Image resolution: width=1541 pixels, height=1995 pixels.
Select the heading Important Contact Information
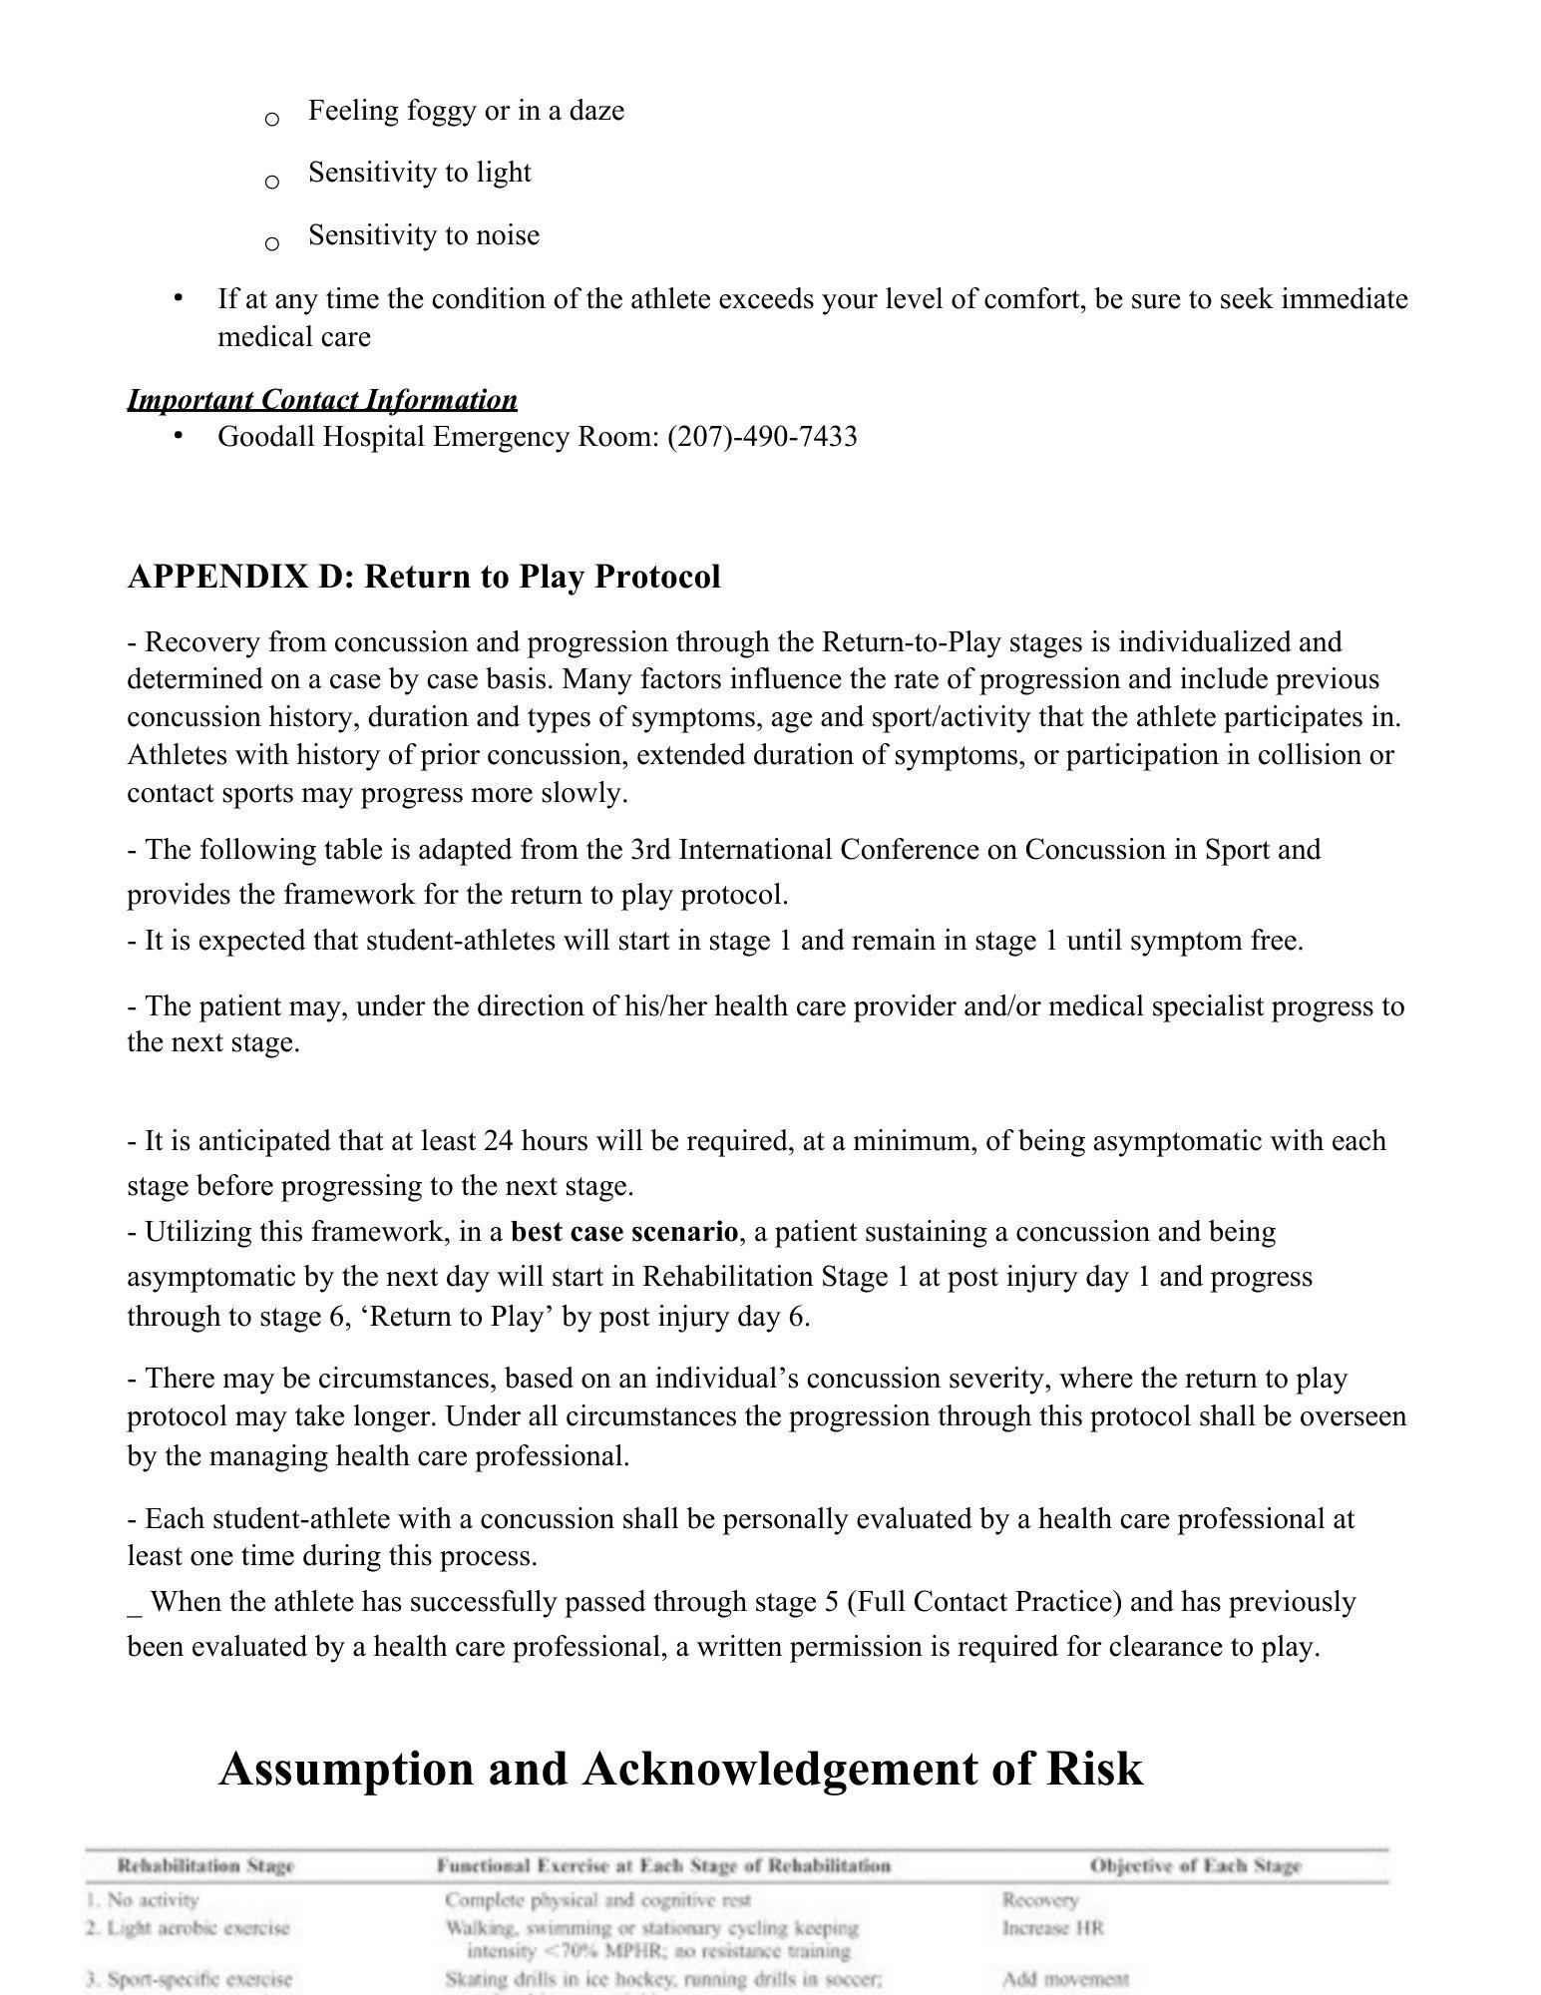pyautogui.click(x=322, y=400)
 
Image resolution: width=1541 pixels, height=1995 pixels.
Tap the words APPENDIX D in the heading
pyautogui.click(x=239, y=577)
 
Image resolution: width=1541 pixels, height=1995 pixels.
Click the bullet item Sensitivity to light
pyautogui.click(x=419, y=173)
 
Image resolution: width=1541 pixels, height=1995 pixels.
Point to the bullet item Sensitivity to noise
pyautogui.click(x=424, y=235)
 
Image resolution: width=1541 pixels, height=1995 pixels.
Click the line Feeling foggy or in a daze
pyautogui.click(x=466, y=110)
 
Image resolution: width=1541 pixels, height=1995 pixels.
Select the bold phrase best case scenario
pyautogui.click(x=624, y=1232)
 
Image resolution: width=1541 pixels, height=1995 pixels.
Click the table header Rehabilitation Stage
pyautogui.click(x=205, y=1865)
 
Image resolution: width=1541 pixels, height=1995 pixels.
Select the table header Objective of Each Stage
pyautogui.click(x=1195, y=1865)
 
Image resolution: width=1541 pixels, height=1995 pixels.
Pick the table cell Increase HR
pyautogui.click(x=1052, y=1928)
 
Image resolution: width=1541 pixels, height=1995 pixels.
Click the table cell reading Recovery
pyautogui.click(x=1039, y=1900)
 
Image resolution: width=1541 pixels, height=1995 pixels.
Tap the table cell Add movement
pyautogui.click(x=1065, y=1979)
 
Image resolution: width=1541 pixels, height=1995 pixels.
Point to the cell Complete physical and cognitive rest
pyautogui.click(x=596, y=1900)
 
